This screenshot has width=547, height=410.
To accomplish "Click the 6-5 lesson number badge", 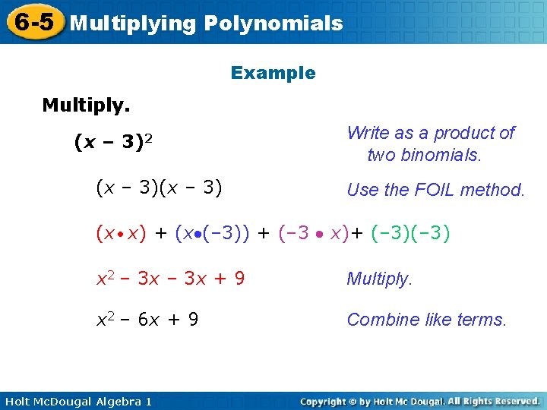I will (x=33, y=22).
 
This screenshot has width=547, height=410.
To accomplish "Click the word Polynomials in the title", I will (x=273, y=24).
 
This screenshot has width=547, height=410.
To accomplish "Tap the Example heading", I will (x=273, y=74).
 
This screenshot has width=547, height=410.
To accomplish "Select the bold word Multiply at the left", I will (x=86, y=105).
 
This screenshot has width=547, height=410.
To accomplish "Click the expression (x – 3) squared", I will (x=115, y=142).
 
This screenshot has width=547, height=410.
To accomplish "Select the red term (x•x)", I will (x=121, y=234).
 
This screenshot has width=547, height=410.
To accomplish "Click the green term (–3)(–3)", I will (x=411, y=234).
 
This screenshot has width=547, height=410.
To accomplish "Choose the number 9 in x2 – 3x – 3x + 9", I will (x=239, y=279).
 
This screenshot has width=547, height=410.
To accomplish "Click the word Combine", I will (x=378, y=320).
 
